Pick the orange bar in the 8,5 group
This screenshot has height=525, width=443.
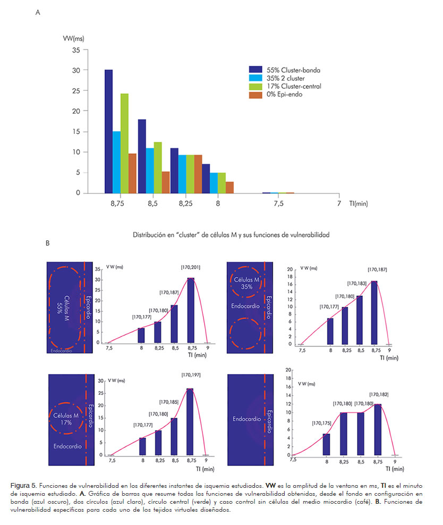(166, 182)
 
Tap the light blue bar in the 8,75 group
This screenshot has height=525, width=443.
(116, 162)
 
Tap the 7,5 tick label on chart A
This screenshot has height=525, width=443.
(278, 204)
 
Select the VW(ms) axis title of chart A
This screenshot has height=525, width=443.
(74, 38)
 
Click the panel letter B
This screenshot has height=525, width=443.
(48, 243)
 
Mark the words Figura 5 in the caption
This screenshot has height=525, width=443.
(23, 485)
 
